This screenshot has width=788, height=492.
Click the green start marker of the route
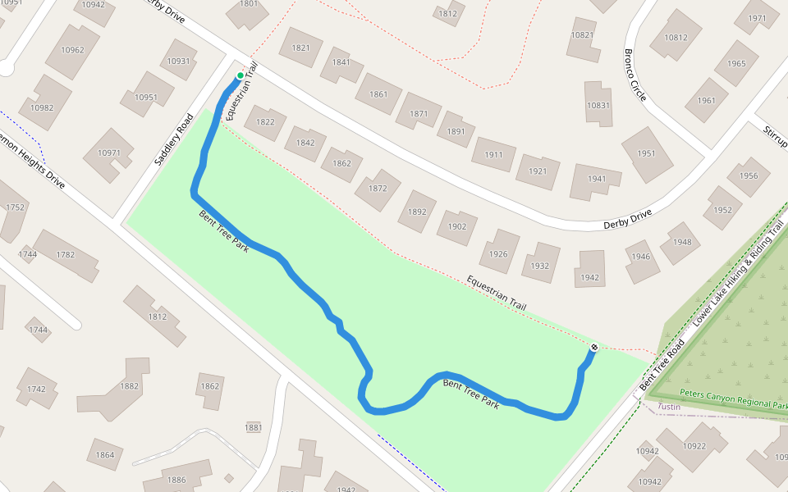click(241, 76)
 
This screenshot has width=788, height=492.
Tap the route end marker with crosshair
click(593, 348)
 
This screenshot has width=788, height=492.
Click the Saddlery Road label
click(173, 139)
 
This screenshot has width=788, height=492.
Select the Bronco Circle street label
click(635, 75)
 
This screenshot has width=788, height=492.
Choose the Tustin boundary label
click(671, 407)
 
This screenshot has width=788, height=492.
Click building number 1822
click(265, 123)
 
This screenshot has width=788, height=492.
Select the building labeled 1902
click(456, 226)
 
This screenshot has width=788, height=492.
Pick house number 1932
click(539, 266)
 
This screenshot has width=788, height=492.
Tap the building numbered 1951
click(646, 154)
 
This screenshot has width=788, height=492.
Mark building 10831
click(598, 106)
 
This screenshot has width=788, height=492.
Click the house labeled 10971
click(108, 153)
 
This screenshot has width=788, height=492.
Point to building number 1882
click(129, 386)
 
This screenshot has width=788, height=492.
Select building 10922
click(694, 446)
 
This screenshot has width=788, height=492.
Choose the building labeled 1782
click(65, 255)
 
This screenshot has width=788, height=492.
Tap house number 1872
click(378, 189)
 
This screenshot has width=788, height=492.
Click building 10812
click(676, 38)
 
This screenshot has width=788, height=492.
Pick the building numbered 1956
click(748, 176)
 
